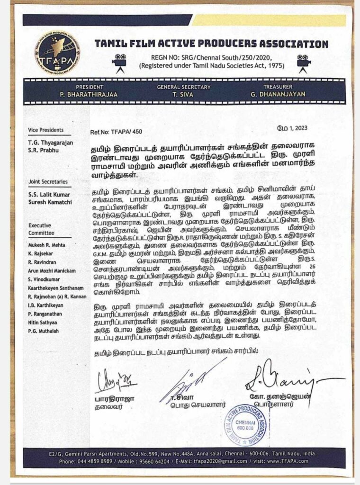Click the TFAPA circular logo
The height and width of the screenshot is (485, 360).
pos(57,53)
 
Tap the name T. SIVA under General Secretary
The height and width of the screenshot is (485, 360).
pos(182,94)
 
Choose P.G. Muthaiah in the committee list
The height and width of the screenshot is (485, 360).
pos(46,331)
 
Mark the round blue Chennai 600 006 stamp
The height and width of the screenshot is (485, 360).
pos(244,424)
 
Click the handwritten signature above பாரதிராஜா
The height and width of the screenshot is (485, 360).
pos(115,379)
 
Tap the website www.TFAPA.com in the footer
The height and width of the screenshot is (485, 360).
pos(293,461)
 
